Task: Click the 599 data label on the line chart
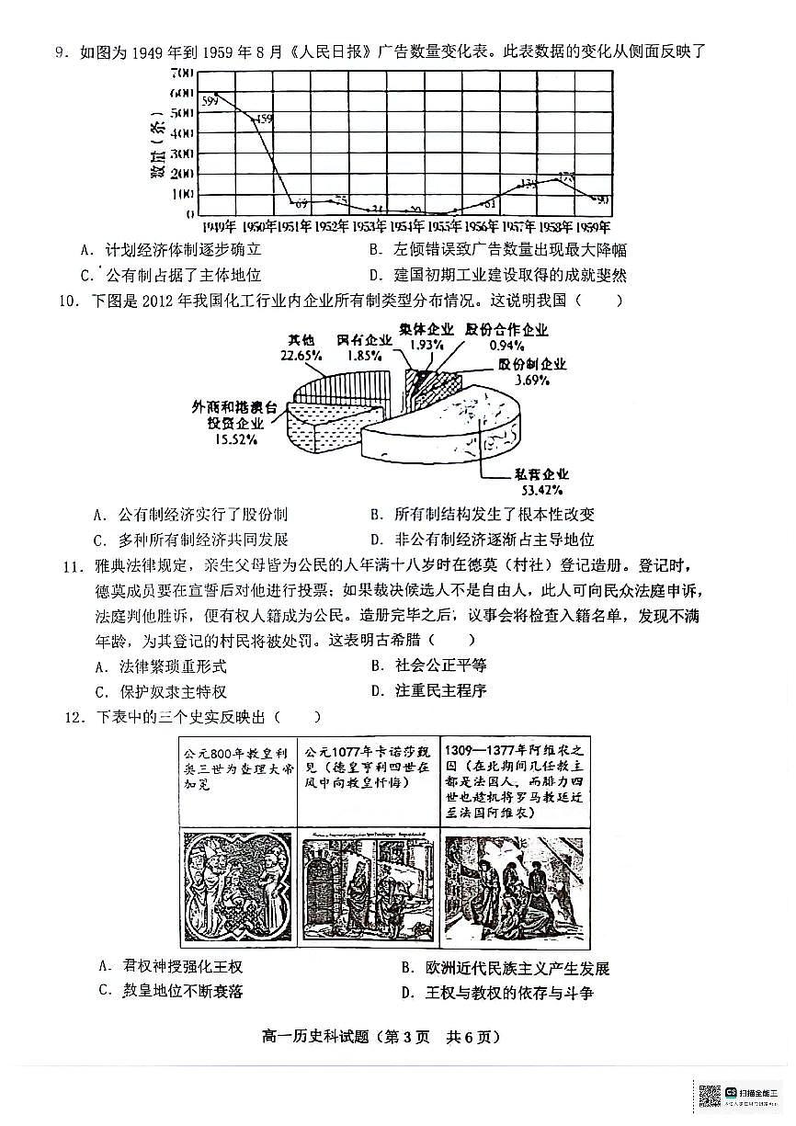click(x=210, y=99)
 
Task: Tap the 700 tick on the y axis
click(x=181, y=73)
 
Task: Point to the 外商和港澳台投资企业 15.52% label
click(x=228, y=423)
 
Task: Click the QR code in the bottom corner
click(x=709, y=1096)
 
